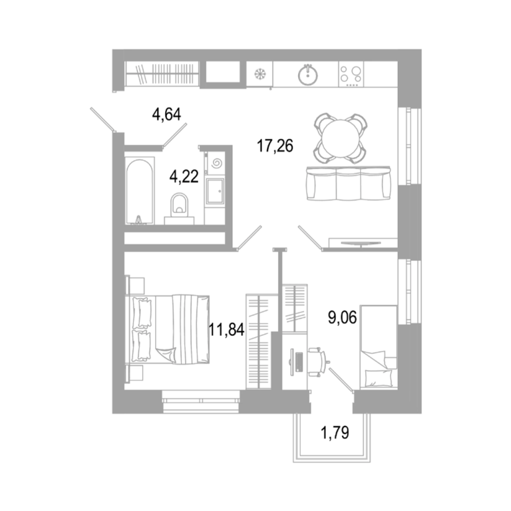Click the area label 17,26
pos(275,146)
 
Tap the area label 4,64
pos(166,114)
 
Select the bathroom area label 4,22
pos(184,176)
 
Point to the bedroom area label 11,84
pos(226,329)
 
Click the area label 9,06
pos(343,317)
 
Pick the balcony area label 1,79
pos(335,432)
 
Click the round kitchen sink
pos(307,75)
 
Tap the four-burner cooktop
pos(351,75)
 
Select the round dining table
pos(341,138)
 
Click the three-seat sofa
pos(349,183)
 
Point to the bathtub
pos(140,191)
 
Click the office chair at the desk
pos(318,362)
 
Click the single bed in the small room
pos(379,347)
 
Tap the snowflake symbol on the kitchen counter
pos(260,74)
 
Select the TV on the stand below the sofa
pos(361,242)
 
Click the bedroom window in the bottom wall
pos(201,401)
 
